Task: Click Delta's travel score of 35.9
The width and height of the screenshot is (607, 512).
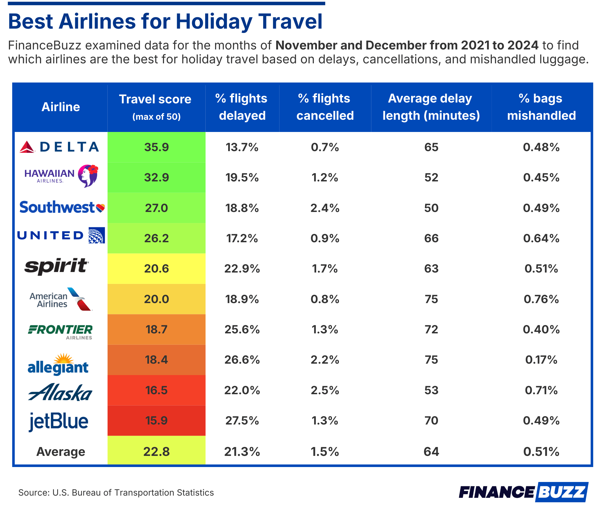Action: click(x=156, y=147)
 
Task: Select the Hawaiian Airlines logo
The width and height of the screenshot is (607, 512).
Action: click(x=61, y=176)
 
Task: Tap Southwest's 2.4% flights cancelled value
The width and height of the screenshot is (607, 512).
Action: click(x=325, y=208)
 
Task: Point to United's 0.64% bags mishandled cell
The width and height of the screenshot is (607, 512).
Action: click(x=541, y=238)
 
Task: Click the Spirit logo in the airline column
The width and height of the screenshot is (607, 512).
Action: click(x=57, y=266)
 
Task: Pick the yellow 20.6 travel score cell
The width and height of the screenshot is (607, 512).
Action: click(x=156, y=268)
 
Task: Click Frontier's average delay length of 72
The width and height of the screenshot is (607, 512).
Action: click(x=431, y=329)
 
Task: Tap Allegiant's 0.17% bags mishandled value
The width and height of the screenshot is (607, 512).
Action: click(x=541, y=359)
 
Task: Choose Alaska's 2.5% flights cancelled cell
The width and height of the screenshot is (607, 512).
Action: click(x=325, y=390)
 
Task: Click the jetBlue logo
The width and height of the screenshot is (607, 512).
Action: click(x=59, y=421)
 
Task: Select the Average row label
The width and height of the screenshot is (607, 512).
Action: click(x=61, y=452)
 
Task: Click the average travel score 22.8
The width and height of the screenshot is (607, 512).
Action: click(x=156, y=452)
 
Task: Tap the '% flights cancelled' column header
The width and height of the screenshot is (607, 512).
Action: click(x=325, y=107)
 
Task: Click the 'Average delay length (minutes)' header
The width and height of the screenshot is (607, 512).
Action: click(x=431, y=107)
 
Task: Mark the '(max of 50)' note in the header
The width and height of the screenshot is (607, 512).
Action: click(x=156, y=117)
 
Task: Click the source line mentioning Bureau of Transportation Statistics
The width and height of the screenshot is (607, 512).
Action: click(x=116, y=493)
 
